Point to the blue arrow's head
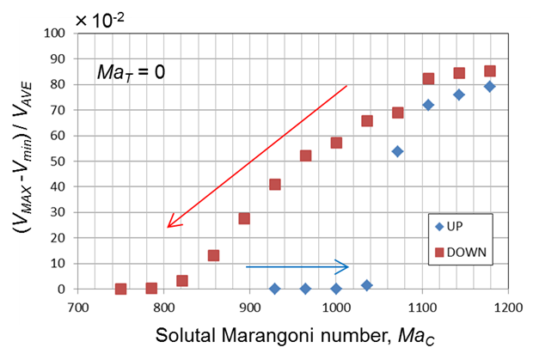346,266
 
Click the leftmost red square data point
121,290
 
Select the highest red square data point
490,71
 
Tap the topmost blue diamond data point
490,86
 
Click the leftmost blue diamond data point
275,289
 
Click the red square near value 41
275,185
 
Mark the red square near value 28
244,218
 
